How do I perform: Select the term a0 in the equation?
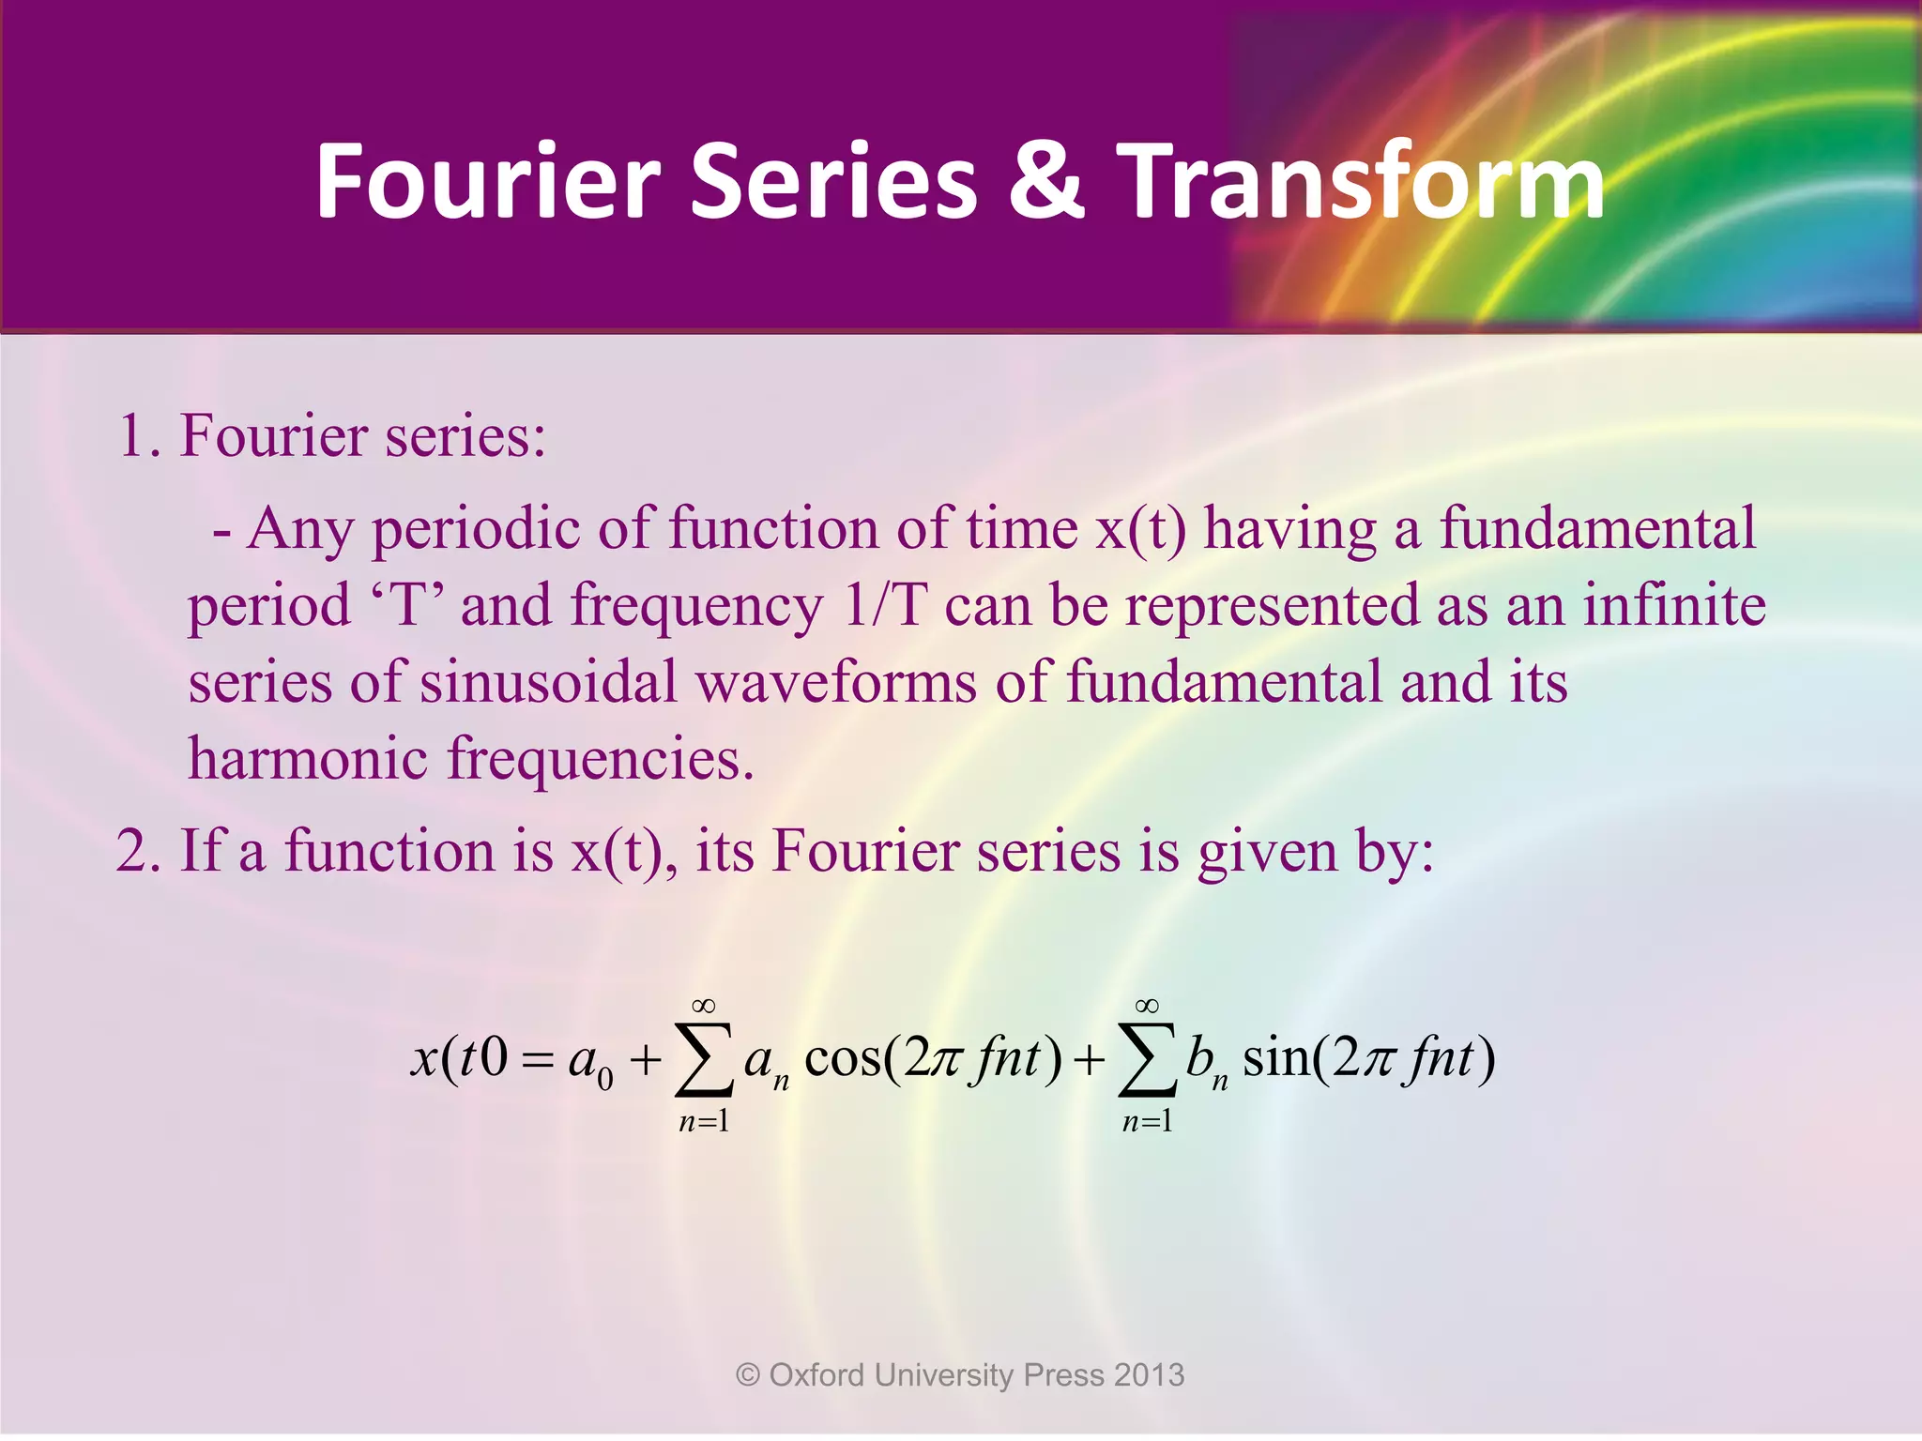[x=590, y=1063]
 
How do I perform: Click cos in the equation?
[x=843, y=1058]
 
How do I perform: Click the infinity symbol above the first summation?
[x=703, y=1006]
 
